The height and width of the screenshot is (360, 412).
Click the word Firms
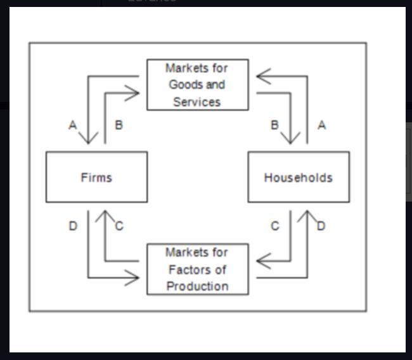click(x=96, y=177)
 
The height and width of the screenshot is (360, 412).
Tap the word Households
click(x=298, y=177)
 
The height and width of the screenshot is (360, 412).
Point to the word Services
click(x=196, y=101)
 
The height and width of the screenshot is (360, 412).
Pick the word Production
click(x=197, y=286)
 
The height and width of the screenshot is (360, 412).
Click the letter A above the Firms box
click(x=73, y=125)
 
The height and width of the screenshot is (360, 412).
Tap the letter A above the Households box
click(x=322, y=125)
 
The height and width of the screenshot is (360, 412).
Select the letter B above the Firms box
click(x=119, y=125)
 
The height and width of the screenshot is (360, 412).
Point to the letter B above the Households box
click(x=274, y=125)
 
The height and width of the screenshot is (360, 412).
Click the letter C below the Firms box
click(x=119, y=226)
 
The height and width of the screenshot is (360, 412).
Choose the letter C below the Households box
click(x=274, y=226)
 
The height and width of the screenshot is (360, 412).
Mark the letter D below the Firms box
click(x=73, y=226)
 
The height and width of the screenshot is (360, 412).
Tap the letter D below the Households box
click(x=321, y=226)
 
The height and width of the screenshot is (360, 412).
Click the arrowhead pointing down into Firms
click(x=89, y=138)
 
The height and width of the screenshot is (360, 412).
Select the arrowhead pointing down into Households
click(x=292, y=138)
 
